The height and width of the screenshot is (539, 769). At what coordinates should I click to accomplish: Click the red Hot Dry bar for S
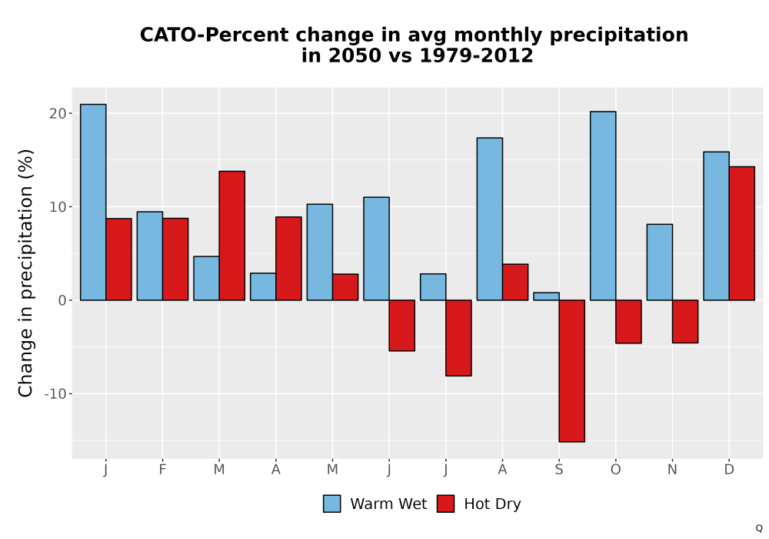pos(572,370)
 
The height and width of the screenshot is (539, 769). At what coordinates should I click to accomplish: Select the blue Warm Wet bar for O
pos(603,206)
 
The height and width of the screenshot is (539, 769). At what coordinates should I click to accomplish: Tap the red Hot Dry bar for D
pos(742,233)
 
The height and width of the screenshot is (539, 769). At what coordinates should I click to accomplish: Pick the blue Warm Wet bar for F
pos(150,256)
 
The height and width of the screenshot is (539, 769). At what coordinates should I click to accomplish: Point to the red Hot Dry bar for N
pos(685,322)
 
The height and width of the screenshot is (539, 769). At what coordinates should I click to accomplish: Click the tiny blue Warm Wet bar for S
pos(546,296)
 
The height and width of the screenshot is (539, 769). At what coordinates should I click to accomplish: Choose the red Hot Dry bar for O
pos(629,322)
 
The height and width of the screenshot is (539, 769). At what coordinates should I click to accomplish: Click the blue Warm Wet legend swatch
pos(332,504)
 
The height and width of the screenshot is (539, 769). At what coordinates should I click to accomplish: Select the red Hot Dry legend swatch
pos(445,504)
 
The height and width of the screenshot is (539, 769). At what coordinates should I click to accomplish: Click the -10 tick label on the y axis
pos(55,393)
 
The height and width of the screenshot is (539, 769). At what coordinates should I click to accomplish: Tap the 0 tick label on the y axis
pos(62,300)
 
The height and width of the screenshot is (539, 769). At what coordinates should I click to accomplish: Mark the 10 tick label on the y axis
pos(58,206)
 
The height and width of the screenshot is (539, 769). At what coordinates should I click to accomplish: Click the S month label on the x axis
pos(559,470)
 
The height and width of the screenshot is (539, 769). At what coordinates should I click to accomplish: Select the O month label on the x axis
pos(615,470)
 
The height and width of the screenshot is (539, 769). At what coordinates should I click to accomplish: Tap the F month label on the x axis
pos(162,470)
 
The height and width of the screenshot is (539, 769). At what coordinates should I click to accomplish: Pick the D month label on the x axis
pos(729,470)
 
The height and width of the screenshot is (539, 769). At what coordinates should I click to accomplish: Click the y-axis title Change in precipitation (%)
pos(25,273)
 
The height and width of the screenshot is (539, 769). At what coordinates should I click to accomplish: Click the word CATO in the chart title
pos(168,35)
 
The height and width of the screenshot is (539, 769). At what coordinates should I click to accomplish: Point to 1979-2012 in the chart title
pos(476,55)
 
